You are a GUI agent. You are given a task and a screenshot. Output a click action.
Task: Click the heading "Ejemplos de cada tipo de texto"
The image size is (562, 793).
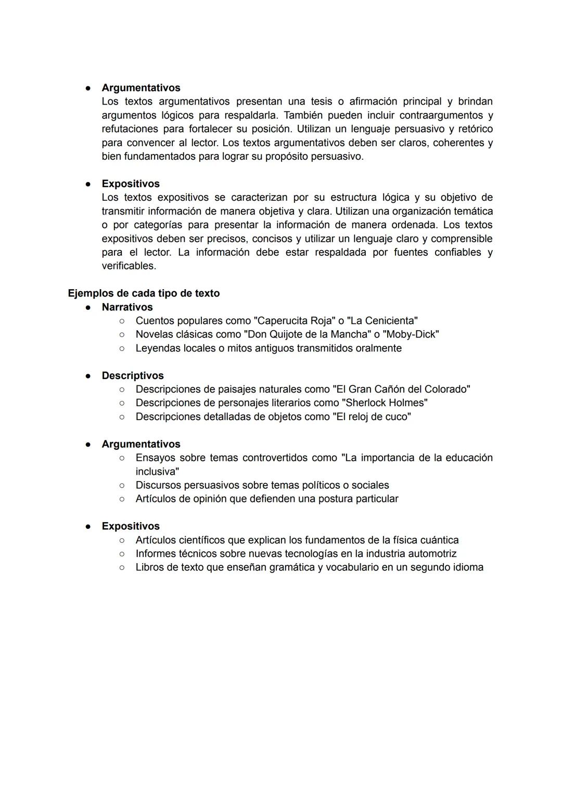tap(144, 293)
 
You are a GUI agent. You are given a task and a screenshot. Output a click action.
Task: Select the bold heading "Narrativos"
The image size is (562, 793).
tap(127, 307)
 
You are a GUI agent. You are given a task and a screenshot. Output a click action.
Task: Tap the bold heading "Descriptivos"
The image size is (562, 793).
tap(133, 375)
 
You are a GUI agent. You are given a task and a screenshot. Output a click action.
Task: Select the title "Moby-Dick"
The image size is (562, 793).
tap(411, 334)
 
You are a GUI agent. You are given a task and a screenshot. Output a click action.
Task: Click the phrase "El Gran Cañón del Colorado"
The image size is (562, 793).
tap(401, 389)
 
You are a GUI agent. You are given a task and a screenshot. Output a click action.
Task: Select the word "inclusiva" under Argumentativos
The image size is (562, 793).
tap(156, 472)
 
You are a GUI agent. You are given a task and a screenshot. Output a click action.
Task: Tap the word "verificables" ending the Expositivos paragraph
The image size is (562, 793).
tap(128, 266)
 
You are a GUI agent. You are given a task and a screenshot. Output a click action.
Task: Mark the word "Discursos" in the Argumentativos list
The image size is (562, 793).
tap(159, 485)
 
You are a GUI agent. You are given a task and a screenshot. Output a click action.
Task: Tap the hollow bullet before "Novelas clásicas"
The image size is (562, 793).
tap(122, 334)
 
